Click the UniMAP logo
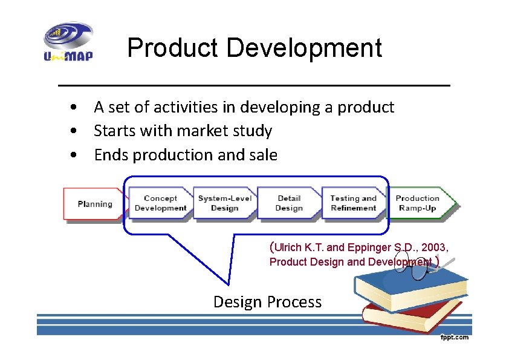tap(68, 42)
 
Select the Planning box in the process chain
tap(94, 204)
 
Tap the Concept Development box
tap(160, 203)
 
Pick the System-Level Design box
tap(224, 203)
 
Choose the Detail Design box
tap(289, 203)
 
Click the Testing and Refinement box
tap(353, 203)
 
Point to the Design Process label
tap(267, 301)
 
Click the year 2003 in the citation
tap(435, 247)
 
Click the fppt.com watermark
tap(453, 338)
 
